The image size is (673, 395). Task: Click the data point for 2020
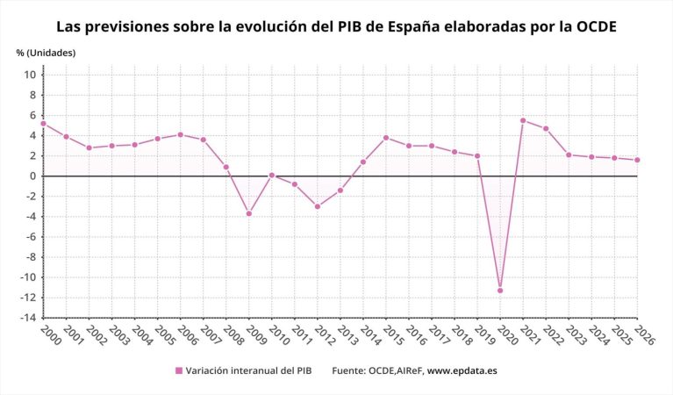click(x=500, y=291)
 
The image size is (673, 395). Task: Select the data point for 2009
click(x=249, y=213)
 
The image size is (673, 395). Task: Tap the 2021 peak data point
click(x=523, y=120)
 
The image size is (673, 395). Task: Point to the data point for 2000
click(x=43, y=124)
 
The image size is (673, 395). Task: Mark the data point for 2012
click(x=318, y=206)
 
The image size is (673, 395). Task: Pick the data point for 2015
click(x=386, y=138)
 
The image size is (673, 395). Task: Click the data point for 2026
click(x=637, y=160)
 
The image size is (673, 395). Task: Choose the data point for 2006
click(x=181, y=134)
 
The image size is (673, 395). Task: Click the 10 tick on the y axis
click(x=30, y=75)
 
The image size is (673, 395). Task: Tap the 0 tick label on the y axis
click(x=32, y=176)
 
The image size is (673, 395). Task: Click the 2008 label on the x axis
click(x=233, y=334)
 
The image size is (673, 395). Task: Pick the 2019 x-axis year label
click(x=484, y=334)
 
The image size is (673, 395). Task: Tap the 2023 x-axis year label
click(x=576, y=334)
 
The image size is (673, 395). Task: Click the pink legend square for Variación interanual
click(x=180, y=371)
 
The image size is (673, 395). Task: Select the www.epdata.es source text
click(x=462, y=371)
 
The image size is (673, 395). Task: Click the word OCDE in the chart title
click(x=592, y=26)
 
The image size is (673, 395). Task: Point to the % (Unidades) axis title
click(x=46, y=53)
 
